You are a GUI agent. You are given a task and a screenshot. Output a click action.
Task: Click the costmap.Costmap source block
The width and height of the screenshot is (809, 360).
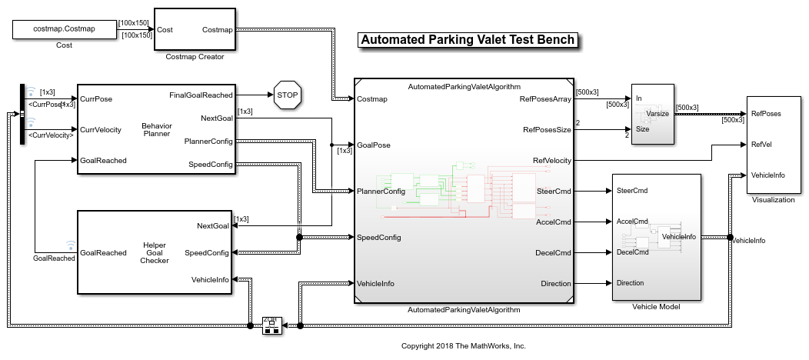tap(65, 29)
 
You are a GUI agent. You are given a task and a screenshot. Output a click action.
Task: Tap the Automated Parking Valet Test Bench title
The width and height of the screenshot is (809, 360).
tap(468, 40)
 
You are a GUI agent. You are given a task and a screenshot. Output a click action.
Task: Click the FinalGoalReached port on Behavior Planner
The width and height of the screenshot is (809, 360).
tap(201, 95)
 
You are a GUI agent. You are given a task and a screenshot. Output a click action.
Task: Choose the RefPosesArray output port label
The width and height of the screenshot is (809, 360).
tap(545, 98)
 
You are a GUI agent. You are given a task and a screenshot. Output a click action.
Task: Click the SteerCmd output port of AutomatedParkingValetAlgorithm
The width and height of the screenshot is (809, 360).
tap(553, 191)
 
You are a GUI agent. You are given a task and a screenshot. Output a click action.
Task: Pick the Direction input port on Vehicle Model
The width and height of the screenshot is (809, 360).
tap(631, 283)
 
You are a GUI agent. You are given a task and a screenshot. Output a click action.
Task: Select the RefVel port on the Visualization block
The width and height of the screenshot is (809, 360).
tap(761, 144)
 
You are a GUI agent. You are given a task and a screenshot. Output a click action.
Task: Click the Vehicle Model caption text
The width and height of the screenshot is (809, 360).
tap(656, 307)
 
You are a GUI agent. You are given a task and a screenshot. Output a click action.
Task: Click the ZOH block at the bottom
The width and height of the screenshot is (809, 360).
tap(271, 326)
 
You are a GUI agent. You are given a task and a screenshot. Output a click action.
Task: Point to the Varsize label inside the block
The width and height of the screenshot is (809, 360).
tap(658, 114)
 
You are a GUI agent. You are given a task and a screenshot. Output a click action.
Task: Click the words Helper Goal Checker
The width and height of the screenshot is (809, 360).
tap(155, 252)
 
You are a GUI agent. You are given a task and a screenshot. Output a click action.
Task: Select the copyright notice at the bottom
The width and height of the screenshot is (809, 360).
tap(463, 346)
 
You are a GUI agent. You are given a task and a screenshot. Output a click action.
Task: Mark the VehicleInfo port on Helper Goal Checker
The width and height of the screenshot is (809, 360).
tap(210, 279)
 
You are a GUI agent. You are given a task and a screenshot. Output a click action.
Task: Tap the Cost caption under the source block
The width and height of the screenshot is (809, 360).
tap(65, 45)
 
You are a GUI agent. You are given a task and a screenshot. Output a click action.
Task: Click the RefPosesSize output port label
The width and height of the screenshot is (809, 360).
tap(547, 129)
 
